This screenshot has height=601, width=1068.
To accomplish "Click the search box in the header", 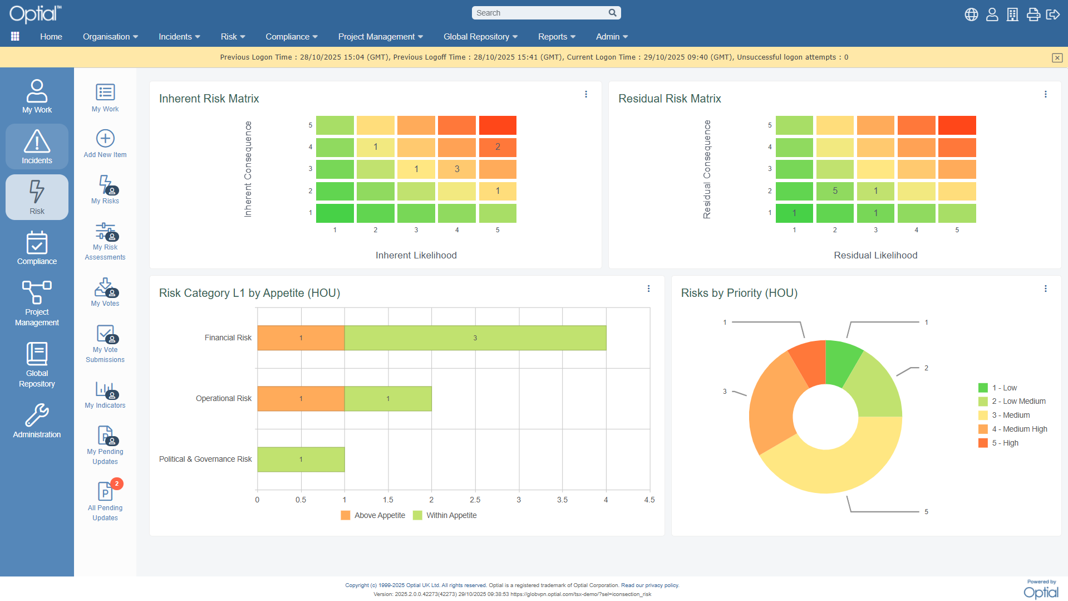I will [540, 13].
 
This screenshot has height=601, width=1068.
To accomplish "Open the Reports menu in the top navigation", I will [557, 37].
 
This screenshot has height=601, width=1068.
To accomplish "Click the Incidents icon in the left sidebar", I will [37, 146].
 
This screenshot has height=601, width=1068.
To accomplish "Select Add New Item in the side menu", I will [105, 144].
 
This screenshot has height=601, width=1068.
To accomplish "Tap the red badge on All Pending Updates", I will [116, 483].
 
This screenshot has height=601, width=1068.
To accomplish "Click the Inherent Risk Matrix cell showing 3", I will [457, 169].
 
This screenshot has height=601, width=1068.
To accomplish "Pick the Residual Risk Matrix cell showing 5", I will [835, 191].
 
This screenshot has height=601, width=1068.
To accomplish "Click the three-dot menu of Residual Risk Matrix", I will [1046, 95].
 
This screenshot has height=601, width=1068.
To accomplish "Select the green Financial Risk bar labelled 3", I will [475, 338].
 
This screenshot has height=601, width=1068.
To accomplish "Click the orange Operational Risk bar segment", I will [301, 399].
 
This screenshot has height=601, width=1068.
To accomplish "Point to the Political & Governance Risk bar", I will [301, 460].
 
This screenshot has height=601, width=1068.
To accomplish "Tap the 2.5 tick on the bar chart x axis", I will [475, 500].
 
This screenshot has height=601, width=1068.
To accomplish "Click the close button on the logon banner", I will [1057, 58].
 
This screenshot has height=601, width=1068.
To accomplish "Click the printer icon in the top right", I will [1033, 14].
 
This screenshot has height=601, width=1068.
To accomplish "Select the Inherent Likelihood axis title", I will [416, 256].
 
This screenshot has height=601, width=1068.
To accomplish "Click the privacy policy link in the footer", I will [662, 585].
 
